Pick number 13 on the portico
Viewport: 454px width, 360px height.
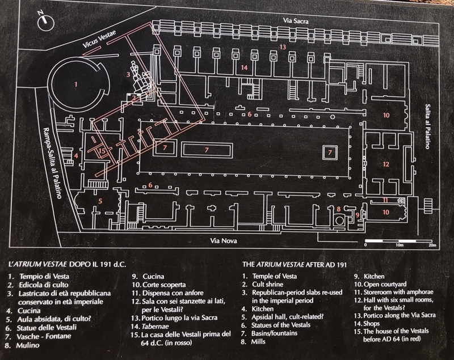pyautogui.click(x=281, y=48)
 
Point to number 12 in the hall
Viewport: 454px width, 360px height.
pyautogui.click(x=386, y=164)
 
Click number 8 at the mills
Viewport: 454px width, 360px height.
pyautogui.click(x=339, y=209)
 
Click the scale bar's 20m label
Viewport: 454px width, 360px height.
pyautogui.click(x=432, y=245)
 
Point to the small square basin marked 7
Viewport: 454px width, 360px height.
pyautogui.click(x=328, y=152)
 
